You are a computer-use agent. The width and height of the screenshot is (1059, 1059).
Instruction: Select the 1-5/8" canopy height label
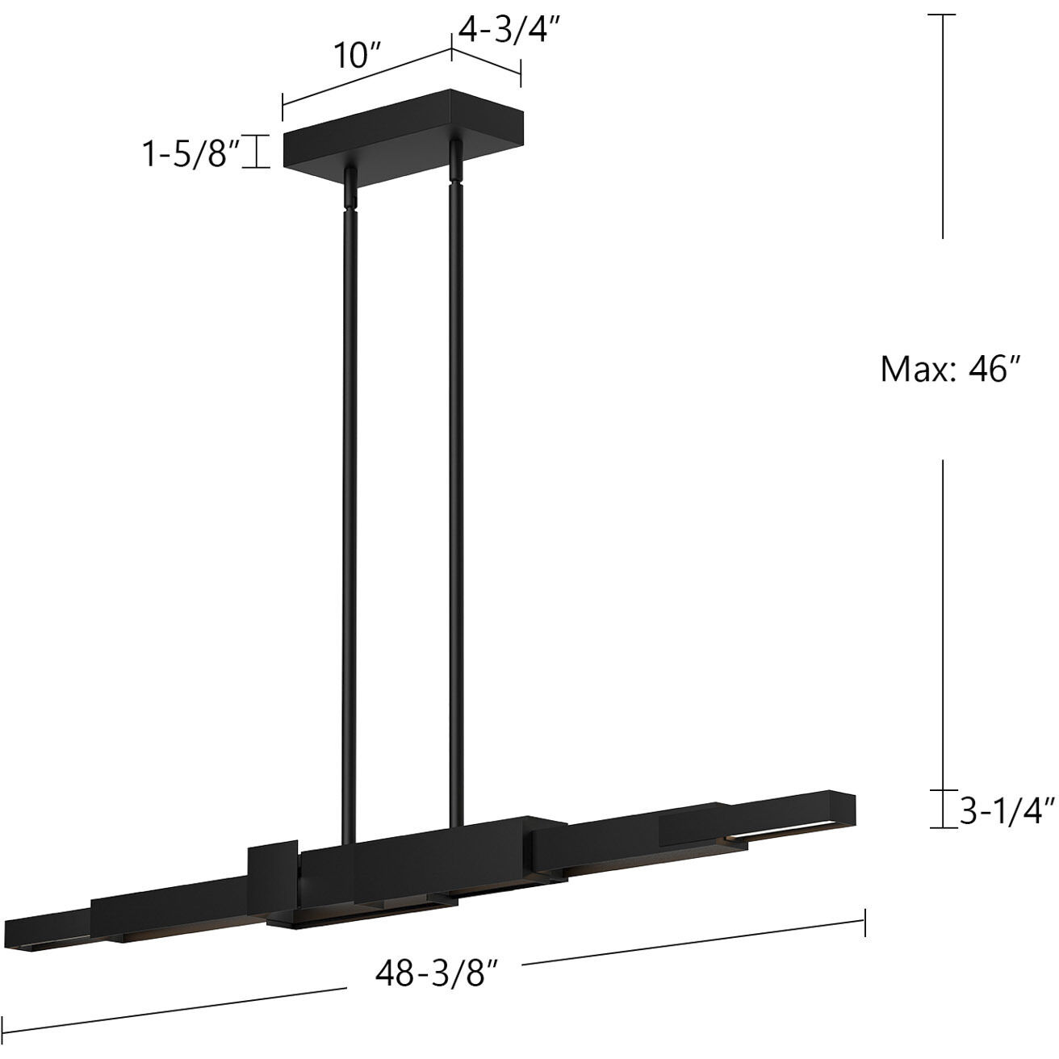pos(190,153)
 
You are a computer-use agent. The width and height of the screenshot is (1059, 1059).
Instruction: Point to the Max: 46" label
pos(952,370)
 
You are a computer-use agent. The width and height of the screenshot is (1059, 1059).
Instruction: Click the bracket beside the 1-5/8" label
pos(257,152)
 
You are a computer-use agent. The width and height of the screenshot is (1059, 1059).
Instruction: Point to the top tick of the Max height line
pos(943,15)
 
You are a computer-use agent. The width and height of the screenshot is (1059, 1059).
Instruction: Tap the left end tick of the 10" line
pos(283,107)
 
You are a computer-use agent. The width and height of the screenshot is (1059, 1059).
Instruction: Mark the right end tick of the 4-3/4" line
pos(521,73)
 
